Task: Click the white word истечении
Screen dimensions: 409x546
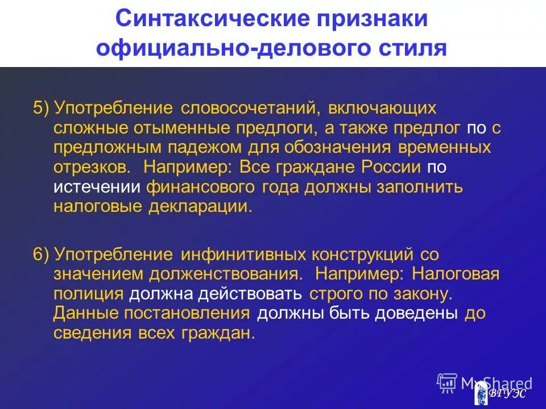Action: click(97, 187)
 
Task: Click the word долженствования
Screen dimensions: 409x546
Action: click(226, 274)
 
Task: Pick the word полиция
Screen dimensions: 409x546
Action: click(88, 294)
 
